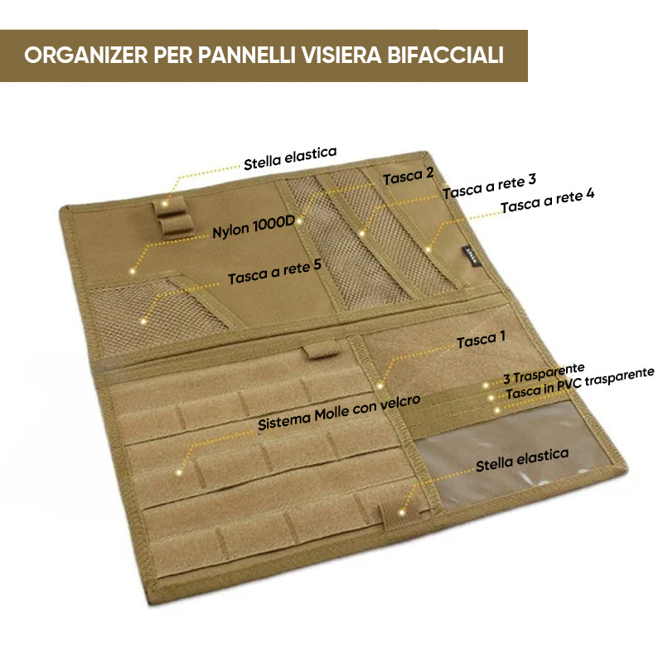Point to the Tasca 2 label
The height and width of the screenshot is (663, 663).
pos(408,176)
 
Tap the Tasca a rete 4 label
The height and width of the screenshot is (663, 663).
pos(547,200)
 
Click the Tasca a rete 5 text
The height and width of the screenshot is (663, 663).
pos(274,273)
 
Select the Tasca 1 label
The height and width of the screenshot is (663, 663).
pos(482,341)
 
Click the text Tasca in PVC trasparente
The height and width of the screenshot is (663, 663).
pos(579,385)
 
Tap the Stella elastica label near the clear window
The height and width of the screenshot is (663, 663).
pos(522,460)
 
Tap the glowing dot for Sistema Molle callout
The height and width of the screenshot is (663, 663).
pos(180,472)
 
